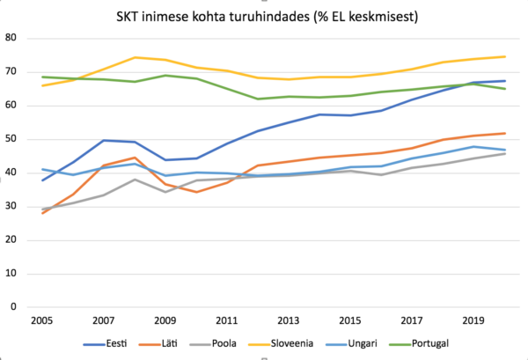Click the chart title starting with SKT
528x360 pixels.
point(263,16)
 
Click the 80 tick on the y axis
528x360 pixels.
point(12,38)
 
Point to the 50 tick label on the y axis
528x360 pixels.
point(12,139)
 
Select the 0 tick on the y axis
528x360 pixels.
point(15,307)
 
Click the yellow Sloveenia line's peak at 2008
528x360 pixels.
point(134,57)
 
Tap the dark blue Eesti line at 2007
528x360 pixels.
point(103,140)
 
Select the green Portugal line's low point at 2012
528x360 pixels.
point(256,99)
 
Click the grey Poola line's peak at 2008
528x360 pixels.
point(134,180)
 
